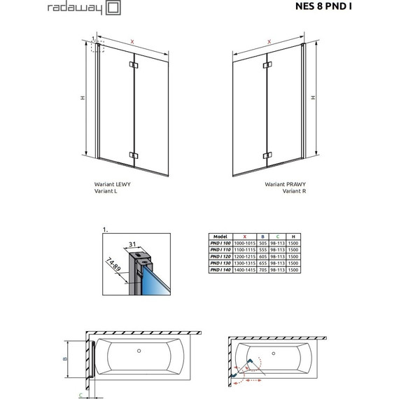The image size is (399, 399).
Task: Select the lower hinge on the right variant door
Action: pyautogui.click(x=265, y=155)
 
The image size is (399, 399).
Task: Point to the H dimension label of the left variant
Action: pyautogui.click(x=82, y=98)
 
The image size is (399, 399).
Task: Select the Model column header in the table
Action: pyautogui.click(x=221, y=237)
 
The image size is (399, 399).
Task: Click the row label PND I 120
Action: pyautogui.click(x=222, y=257)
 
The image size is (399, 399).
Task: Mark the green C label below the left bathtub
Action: pyautogui.click(x=80, y=394)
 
